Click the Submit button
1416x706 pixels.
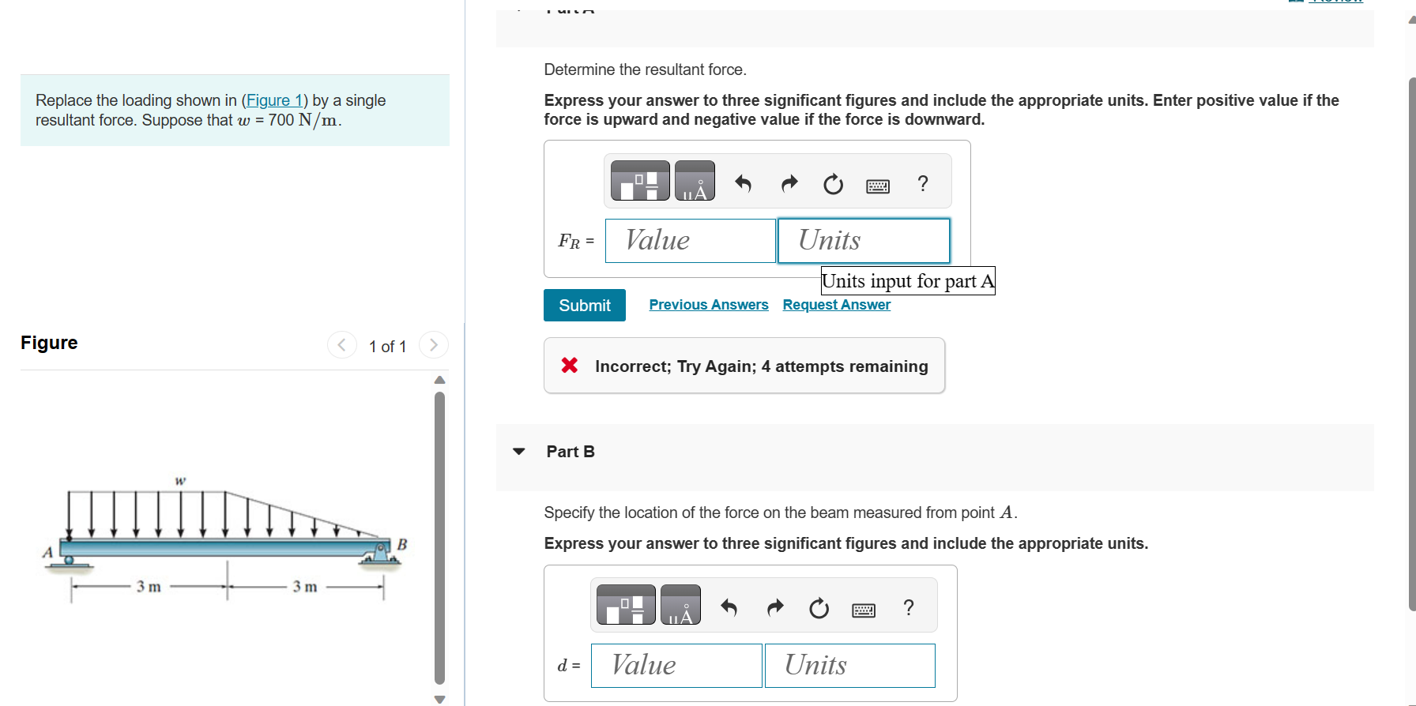(584, 306)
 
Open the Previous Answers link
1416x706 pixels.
(708, 305)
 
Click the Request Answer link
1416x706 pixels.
(836, 305)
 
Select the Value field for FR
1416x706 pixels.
(690, 241)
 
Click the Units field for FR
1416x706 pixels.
(863, 241)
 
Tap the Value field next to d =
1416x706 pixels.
(676, 666)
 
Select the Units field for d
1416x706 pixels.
(849, 666)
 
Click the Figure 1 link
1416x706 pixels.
(274, 100)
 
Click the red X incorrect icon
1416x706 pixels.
(569, 366)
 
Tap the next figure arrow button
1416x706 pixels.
(433, 345)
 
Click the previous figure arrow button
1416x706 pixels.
(341, 345)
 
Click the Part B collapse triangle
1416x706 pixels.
(519, 452)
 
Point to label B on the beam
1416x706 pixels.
(401, 544)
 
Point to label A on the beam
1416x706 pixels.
(47, 552)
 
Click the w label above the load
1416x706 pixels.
(180, 480)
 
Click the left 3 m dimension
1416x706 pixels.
(149, 587)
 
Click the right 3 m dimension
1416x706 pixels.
(305, 587)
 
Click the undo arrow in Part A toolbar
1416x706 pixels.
(743, 184)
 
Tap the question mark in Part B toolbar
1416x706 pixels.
(909, 608)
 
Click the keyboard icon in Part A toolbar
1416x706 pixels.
(877, 186)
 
